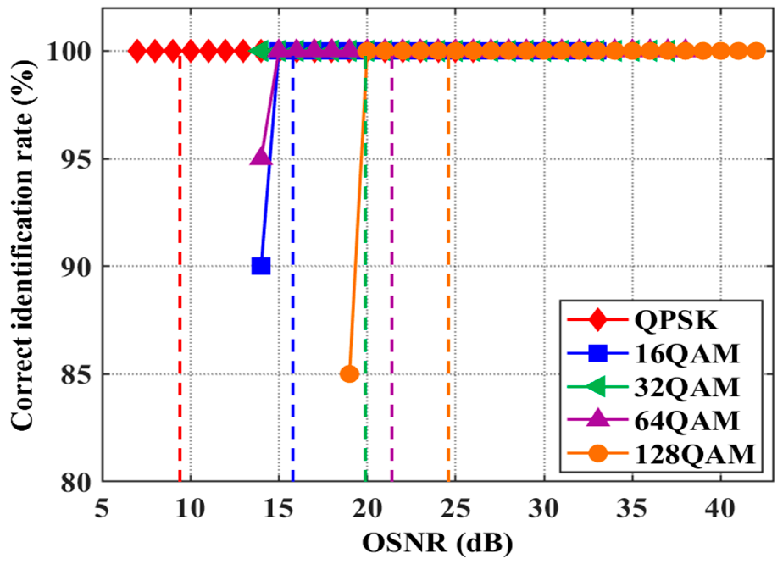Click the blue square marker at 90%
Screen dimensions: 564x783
(261, 266)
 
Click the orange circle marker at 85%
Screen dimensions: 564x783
(350, 374)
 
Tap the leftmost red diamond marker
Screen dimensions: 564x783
(137, 51)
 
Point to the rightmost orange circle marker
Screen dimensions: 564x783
(756, 51)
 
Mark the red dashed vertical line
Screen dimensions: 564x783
(180, 296)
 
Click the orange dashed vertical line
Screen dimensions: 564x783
(448, 296)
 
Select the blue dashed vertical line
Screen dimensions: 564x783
(293, 296)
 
